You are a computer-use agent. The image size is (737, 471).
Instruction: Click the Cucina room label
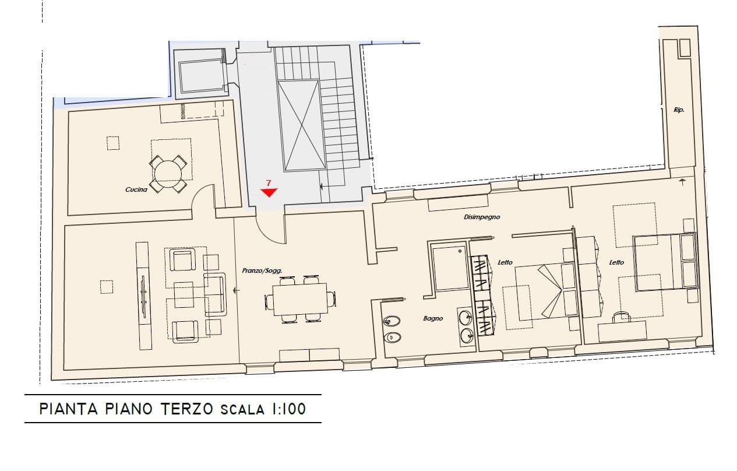[x=136, y=189]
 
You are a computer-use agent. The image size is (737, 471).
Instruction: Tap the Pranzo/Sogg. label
[x=262, y=270]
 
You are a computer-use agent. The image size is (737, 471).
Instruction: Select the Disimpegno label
[x=482, y=217]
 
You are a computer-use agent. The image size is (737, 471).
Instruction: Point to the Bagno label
[x=433, y=318]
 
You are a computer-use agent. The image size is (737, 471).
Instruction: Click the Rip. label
[x=679, y=110]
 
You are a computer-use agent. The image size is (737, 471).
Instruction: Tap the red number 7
[x=269, y=183]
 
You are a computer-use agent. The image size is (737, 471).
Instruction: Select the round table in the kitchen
[x=168, y=174]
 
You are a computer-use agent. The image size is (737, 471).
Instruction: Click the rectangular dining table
[x=299, y=299]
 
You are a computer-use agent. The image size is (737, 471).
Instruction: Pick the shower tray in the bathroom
[x=450, y=269]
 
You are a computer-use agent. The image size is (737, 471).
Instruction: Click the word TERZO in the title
[x=187, y=409]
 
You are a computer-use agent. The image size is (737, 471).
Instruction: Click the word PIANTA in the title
[x=69, y=409]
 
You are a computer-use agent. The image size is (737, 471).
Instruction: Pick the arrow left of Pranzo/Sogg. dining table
[x=236, y=291]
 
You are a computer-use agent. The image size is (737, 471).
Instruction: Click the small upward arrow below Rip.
[x=682, y=182]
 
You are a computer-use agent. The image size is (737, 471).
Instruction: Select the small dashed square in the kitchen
[x=113, y=143]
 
